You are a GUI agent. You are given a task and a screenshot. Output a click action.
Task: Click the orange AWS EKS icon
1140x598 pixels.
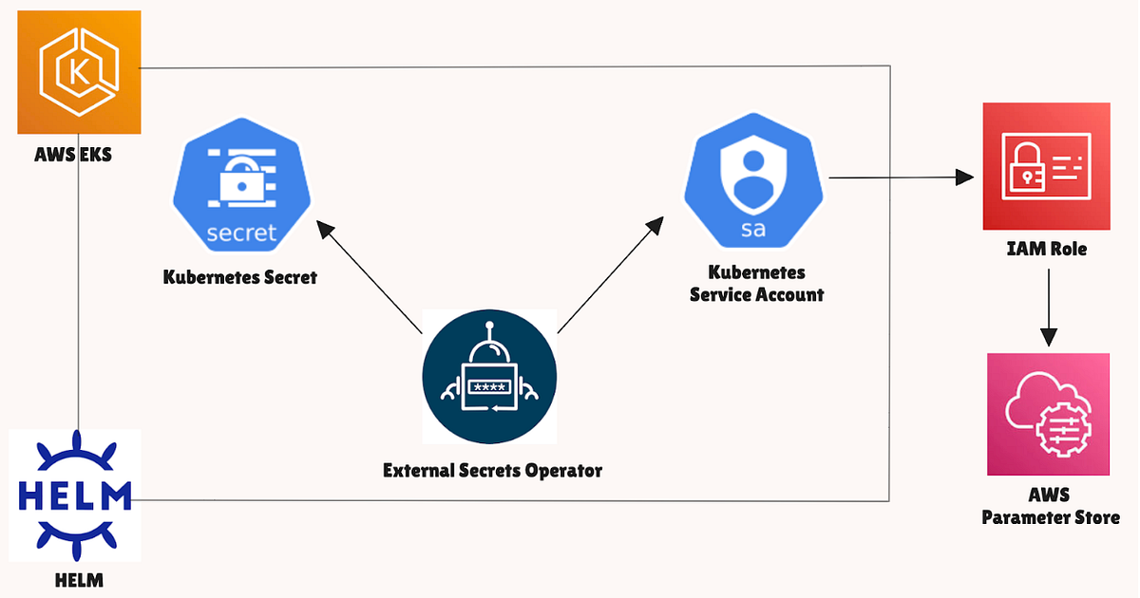click(79, 71)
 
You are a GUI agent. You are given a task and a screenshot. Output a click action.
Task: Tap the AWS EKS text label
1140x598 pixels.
click(71, 153)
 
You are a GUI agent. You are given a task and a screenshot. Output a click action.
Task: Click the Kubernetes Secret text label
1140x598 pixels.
click(239, 278)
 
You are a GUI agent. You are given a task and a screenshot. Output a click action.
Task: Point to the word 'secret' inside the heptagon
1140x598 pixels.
click(241, 232)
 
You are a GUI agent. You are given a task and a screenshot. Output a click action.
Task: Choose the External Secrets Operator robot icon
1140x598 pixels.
click(489, 376)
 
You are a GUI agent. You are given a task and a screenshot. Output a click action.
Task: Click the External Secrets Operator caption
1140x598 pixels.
click(492, 470)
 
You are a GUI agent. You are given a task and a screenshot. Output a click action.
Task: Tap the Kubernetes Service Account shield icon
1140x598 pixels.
click(754, 180)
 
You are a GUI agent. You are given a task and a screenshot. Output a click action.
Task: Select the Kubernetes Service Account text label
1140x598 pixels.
click(756, 285)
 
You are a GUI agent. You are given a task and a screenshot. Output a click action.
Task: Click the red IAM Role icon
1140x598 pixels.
click(1046, 166)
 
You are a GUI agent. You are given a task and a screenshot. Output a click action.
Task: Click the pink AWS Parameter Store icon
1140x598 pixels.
click(1048, 414)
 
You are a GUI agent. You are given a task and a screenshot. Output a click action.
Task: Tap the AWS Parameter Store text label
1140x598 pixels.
click(1050, 507)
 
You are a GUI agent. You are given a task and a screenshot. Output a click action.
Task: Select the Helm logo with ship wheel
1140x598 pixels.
click(75, 495)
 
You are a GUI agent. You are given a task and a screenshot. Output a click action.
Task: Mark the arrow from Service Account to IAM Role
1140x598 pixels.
click(902, 178)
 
